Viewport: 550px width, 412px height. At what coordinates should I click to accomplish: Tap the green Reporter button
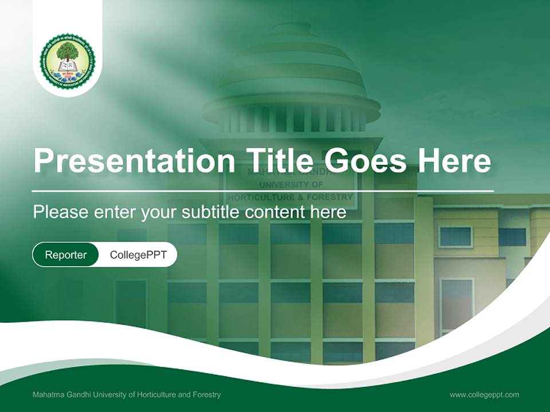[x=66, y=255]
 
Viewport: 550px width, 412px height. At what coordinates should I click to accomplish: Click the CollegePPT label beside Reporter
[x=138, y=255]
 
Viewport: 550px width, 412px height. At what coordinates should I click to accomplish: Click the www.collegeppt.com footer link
[x=484, y=395]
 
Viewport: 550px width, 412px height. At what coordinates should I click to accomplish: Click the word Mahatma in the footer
[x=48, y=395]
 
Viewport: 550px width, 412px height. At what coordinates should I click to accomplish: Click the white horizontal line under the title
[x=263, y=191]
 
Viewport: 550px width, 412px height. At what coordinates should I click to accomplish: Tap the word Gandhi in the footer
[x=78, y=395]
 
